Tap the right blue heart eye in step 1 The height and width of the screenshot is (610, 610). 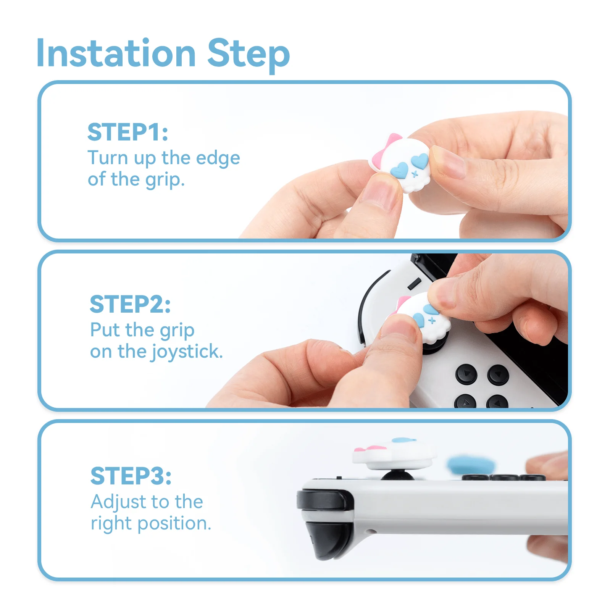pos(420,160)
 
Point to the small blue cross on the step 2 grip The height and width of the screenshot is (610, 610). pos(432,320)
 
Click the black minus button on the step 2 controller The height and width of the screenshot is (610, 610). pos(414,284)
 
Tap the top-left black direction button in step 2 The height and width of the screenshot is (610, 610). pos(466,373)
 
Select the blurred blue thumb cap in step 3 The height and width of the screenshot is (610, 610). pos(471,464)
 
